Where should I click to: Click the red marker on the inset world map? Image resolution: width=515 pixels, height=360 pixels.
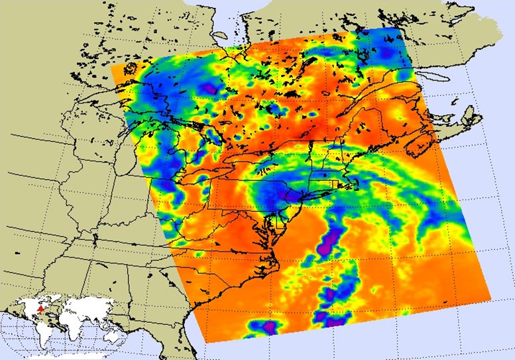[x=41, y=308]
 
